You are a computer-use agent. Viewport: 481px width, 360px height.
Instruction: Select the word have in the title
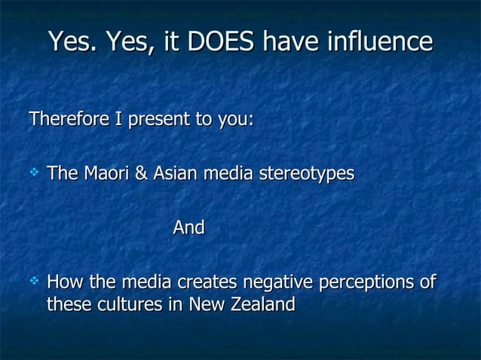(x=291, y=41)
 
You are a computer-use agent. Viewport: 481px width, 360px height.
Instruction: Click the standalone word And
(x=188, y=227)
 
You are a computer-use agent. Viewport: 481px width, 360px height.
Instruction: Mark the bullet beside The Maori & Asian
(x=33, y=174)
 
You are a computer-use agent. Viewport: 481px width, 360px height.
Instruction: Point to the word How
(x=66, y=283)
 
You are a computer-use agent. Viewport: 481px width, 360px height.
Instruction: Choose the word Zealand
(x=262, y=306)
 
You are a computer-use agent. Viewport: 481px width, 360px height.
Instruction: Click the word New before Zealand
(x=206, y=306)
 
